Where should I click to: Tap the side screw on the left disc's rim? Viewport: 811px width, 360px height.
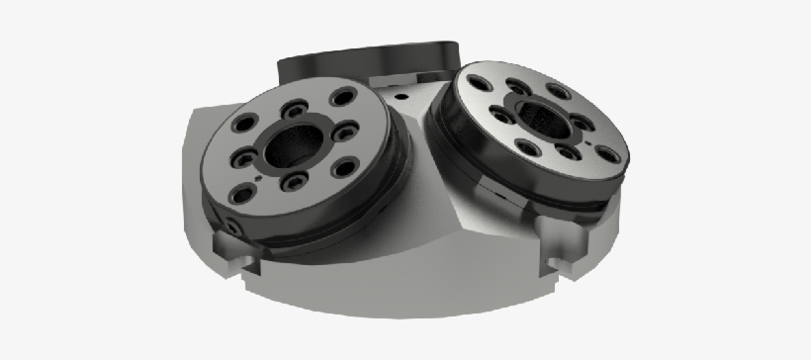tap(231, 226)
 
